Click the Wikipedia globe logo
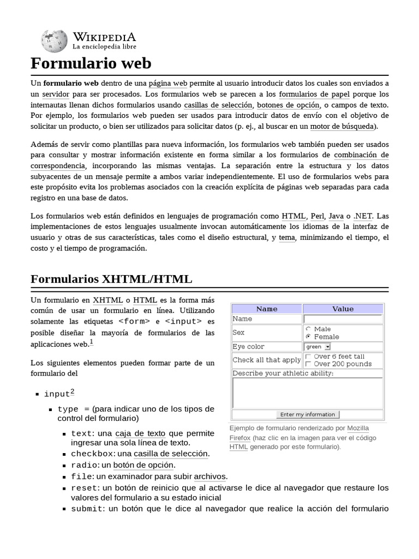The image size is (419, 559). tap(53, 41)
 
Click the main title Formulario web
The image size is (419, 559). tap(91, 63)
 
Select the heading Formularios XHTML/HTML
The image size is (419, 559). tap(111, 279)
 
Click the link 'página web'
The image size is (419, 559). tap(168, 83)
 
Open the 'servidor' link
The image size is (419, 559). tap(57, 94)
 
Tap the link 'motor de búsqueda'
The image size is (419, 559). tap(342, 126)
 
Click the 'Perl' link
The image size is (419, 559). tap(317, 216)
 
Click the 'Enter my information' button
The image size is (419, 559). tap(308, 414)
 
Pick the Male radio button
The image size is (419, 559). tap(308, 329)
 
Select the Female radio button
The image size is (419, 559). tap(308, 336)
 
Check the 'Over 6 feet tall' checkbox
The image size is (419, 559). tap(308, 356)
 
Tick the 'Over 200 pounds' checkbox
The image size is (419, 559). tap(308, 364)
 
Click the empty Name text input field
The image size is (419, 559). tap(343, 319)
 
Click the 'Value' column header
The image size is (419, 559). tap(343, 308)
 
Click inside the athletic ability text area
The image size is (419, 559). tap(307, 393)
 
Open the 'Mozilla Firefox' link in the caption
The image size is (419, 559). tap(358, 427)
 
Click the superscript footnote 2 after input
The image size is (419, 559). tap(73, 391)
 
